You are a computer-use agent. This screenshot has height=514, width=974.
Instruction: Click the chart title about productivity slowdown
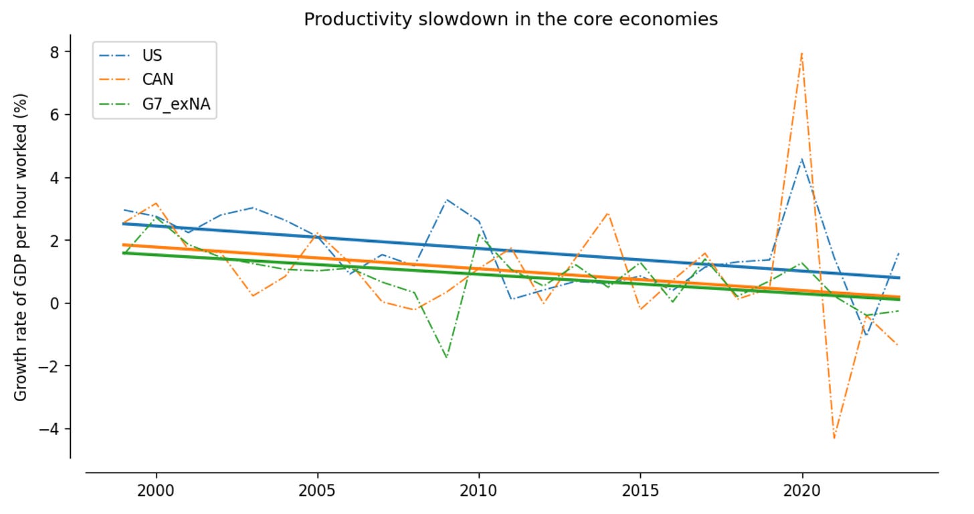point(510,19)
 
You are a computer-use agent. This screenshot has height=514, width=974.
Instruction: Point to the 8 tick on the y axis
point(54,52)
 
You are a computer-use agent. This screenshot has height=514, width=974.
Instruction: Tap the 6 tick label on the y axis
point(54,115)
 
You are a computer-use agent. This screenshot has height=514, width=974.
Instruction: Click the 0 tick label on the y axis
point(54,303)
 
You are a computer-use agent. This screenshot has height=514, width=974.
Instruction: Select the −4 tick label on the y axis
point(49,429)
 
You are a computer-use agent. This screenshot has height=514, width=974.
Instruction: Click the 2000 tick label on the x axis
point(156,491)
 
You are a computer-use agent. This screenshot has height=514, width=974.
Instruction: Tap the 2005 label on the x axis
point(317,491)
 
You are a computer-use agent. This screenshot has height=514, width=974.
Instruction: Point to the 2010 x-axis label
point(478,491)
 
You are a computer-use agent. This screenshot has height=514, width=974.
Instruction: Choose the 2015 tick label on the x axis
point(640,491)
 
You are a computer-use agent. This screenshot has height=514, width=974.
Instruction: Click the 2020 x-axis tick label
point(802,491)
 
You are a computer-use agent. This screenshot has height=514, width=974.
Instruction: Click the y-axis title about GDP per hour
point(21,247)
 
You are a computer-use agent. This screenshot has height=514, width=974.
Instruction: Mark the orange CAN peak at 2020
point(801,53)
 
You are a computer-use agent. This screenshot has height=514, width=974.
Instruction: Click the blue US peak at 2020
point(802,159)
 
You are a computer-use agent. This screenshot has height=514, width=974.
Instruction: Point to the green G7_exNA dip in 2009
point(447,357)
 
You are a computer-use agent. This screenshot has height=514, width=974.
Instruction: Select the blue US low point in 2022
point(866,335)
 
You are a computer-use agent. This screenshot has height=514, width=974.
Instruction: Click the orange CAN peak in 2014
point(607,213)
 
